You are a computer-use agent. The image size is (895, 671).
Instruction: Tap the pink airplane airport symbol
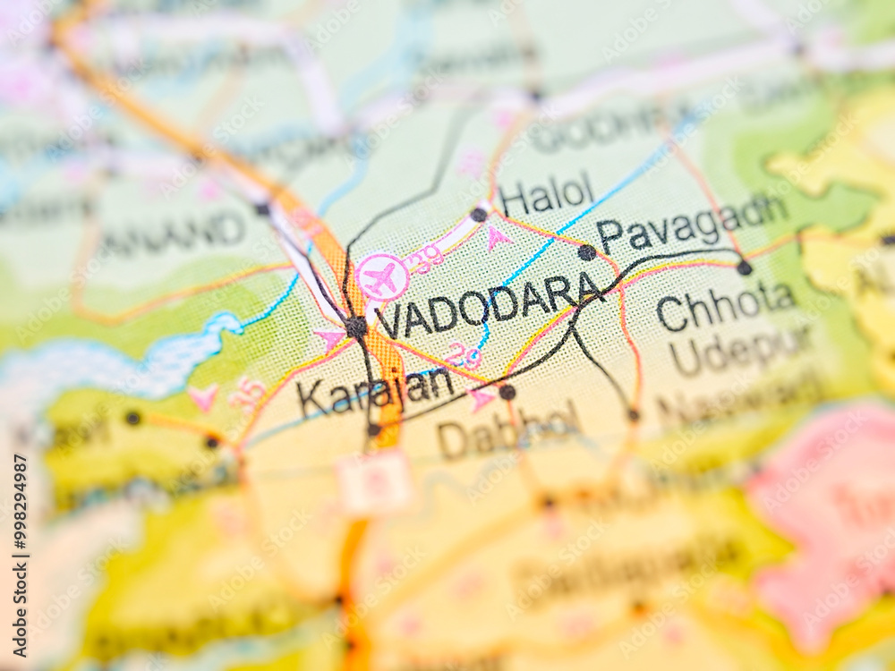coord(382,277)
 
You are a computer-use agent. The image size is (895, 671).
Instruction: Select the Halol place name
coord(546,194)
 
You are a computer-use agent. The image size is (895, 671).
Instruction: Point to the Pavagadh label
coord(692,224)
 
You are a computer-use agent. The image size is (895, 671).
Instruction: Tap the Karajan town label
coord(376,391)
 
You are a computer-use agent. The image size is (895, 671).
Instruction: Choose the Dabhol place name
coord(507,432)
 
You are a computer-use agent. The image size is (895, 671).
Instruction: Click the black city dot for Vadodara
coord(356,327)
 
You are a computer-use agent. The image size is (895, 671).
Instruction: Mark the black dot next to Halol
coord(479,215)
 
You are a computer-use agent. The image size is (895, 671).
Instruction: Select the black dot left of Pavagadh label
coord(586,252)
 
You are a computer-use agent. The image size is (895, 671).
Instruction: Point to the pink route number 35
coord(248,393)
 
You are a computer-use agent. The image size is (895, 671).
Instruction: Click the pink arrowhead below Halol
coord(498,237)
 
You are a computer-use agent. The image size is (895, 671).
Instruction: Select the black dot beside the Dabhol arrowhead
coord(507,392)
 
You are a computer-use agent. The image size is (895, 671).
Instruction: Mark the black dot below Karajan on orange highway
coord(373,430)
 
